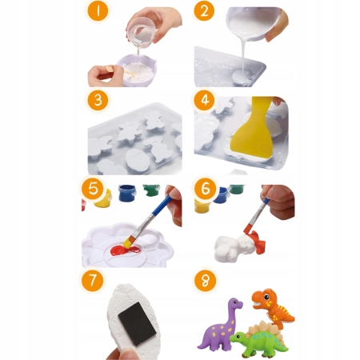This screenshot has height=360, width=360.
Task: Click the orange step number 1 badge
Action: click(98, 12)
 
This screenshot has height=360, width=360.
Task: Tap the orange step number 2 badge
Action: click(204, 12)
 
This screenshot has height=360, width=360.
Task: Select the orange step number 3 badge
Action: click(98, 100)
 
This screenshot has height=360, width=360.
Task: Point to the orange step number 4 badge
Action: click(205, 100)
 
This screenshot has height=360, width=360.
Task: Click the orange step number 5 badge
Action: click(93, 189)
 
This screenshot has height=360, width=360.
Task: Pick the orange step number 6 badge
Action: click(206, 189)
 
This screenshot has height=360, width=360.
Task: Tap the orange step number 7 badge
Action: click(92, 280)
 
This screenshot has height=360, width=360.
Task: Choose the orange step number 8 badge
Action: click(205, 281)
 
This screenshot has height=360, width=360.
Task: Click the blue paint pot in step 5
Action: click(127, 193)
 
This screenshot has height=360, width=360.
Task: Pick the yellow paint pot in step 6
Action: click(202, 206)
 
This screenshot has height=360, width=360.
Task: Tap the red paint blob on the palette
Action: click(125, 250)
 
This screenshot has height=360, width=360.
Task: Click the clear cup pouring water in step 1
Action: click(141, 33)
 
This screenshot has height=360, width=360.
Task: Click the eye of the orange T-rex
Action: click(266, 297)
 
